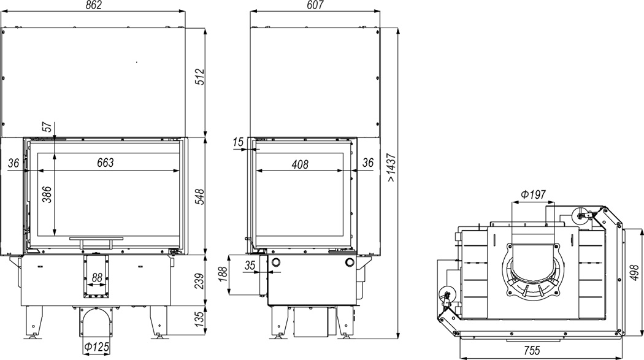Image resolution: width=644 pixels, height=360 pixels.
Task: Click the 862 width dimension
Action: (x=94, y=5)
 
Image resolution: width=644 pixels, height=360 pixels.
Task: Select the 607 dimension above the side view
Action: (x=315, y=5)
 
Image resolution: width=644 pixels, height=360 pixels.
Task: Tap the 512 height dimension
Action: (x=199, y=77)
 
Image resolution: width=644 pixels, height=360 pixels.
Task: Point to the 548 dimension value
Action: (x=199, y=197)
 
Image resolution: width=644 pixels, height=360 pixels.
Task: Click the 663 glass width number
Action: (x=105, y=163)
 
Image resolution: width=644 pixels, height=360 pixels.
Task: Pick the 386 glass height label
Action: (x=47, y=194)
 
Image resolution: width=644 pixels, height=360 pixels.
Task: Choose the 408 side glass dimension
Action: (x=300, y=164)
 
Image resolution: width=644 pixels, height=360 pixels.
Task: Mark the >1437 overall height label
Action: (x=391, y=167)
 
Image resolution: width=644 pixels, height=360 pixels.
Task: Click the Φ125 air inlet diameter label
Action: (x=97, y=348)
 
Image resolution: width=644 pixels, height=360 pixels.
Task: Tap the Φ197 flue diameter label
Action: (x=534, y=194)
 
